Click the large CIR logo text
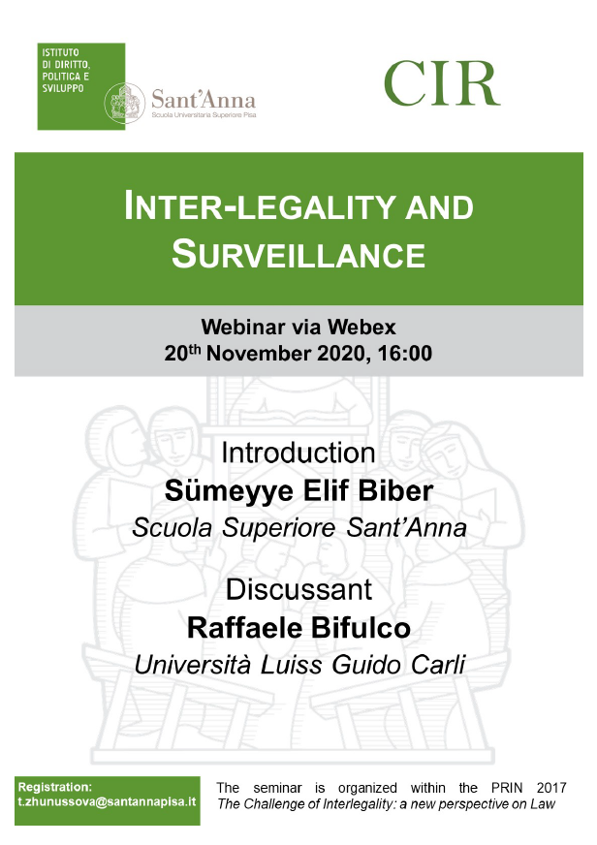click(442, 83)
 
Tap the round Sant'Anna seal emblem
click(124, 103)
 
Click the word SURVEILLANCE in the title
click(298, 254)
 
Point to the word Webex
click(361, 328)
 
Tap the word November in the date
click(259, 354)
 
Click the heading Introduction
click(298, 453)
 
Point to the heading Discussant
click(298, 589)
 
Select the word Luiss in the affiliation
click(292, 665)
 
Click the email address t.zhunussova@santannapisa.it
click(107, 801)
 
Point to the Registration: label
click(55, 787)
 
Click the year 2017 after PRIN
click(551, 788)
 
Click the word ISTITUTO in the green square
click(60, 52)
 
